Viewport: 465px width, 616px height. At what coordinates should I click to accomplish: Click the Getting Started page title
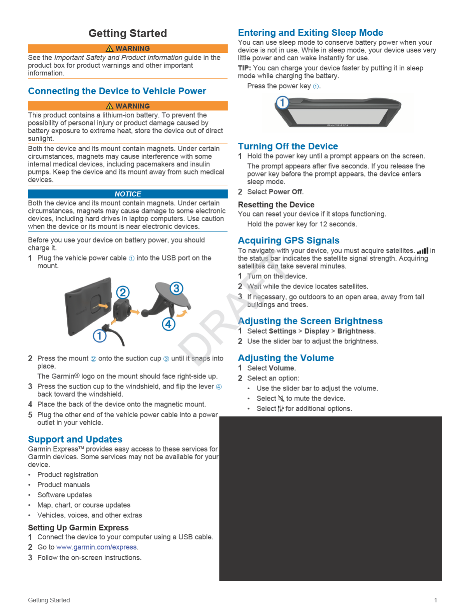[128, 33]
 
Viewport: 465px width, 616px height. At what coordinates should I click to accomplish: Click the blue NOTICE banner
[128, 194]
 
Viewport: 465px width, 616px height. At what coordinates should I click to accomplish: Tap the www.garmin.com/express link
[97, 547]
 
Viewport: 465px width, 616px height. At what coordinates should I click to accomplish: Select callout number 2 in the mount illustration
[123, 292]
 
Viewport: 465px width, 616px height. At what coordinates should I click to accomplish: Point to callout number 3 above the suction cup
[176, 288]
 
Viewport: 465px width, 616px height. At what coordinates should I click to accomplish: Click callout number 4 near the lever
[168, 324]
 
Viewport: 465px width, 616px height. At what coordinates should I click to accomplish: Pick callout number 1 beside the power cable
[100, 336]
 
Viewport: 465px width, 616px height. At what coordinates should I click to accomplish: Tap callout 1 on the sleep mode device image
[282, 103]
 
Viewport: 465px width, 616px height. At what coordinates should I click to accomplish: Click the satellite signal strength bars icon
[423, 251]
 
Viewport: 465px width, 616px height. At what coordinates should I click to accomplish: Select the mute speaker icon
[281, 399]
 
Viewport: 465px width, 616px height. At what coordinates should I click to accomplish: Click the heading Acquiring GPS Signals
[288, 240]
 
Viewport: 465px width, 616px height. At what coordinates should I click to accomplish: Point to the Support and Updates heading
[75, 439]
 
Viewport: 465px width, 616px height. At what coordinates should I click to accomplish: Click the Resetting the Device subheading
[276, 205]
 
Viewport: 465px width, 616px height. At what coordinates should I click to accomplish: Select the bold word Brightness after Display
[355, 331]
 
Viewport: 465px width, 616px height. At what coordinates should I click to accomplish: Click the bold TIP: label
[244, 68]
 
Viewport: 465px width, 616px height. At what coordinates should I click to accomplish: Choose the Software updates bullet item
[65, 495]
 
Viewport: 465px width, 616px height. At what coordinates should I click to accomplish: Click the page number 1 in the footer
[435, 600]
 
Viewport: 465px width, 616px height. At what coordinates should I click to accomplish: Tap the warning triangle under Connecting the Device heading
[110, 106]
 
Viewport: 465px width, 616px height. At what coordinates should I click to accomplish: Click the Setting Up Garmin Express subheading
[78, 528]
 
